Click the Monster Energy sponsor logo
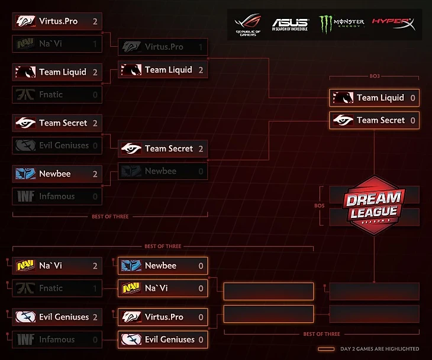click(341, 24)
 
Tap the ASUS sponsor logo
click(290, 24)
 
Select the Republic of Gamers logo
click(247, 24)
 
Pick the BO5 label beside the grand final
click(320, 205)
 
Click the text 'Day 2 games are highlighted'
click(381, 349)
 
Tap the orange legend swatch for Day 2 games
click(326, 349)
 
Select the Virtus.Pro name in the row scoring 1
click(164, 47)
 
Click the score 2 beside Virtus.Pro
click(95, 21)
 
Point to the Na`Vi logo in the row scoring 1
click(25, 44)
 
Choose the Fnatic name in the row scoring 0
click(51, 95)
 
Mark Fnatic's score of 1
click(95, 288)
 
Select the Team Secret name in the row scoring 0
click(381, 120)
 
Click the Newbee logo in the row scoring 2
click(25, 174)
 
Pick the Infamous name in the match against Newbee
click(57, 196)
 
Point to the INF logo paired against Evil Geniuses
click(25, 340)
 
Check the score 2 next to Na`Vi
click(95, 266)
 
